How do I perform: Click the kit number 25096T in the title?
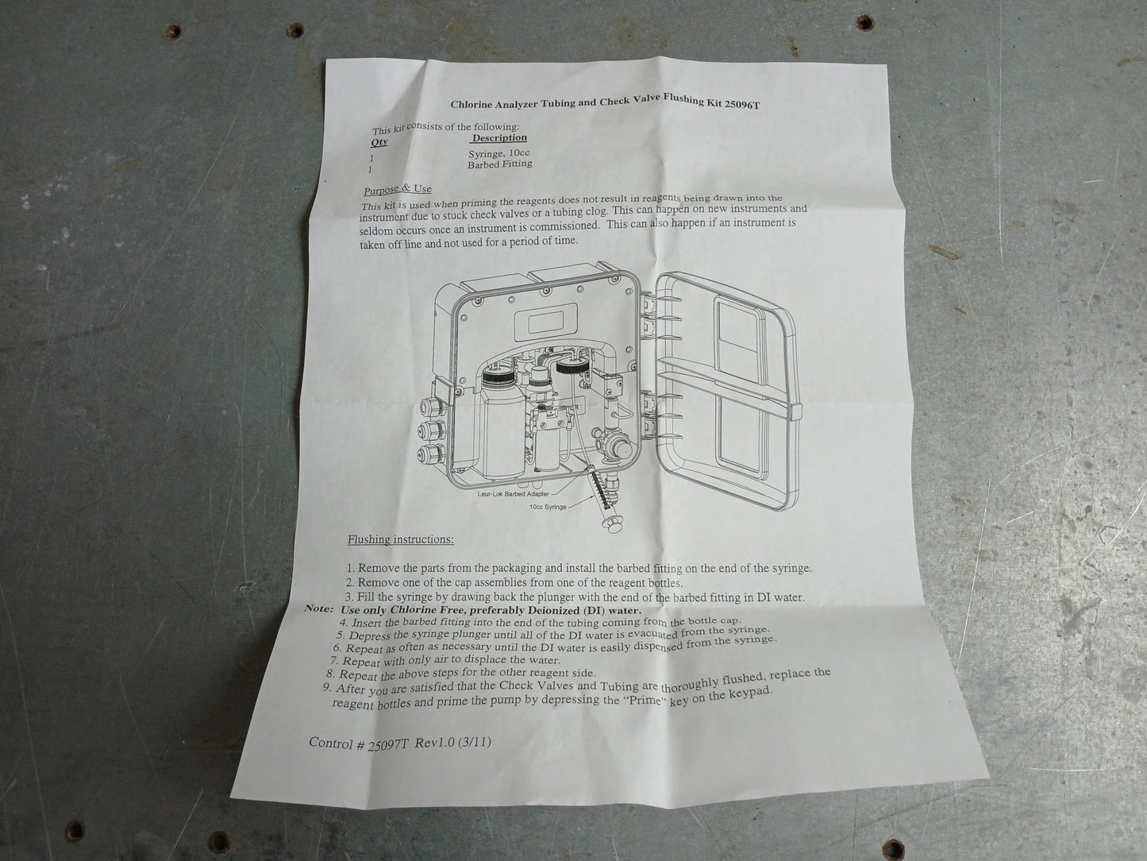tap(742, 104)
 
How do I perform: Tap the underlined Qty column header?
tap(379, 142)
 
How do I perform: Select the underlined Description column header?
tap(499, 138)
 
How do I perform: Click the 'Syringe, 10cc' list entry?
tap(499, 154)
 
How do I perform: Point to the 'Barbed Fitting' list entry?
tap(500, 164)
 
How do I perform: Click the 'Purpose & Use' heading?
tap(398, 190)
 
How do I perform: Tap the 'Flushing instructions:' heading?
tap(401, 539)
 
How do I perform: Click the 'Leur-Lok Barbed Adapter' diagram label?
tap(513, 493)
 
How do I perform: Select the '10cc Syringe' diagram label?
tap(548, 507)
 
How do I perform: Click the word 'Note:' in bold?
tap(319, 609)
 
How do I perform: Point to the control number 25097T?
tap(387, 745)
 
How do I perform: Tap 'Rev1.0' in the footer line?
tap(435, 743)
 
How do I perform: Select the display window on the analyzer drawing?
tap(545, 322)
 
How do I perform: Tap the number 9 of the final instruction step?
tap(326, 687)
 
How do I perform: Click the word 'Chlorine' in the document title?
tap(469, 105)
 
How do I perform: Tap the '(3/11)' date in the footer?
tap(475, 743)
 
